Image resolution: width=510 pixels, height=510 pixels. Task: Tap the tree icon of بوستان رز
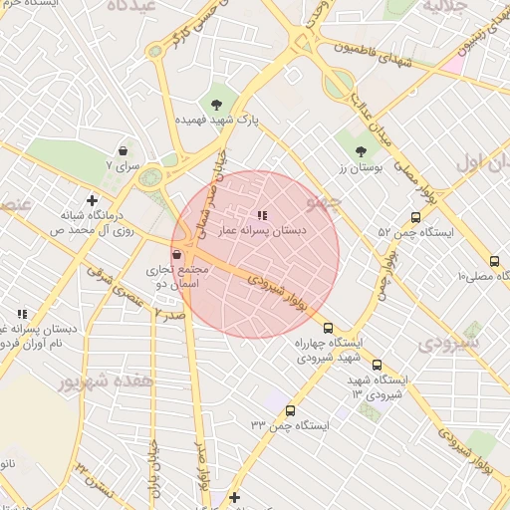(x=361, y=152)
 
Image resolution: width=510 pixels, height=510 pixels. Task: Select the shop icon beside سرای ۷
(x=123, y=150)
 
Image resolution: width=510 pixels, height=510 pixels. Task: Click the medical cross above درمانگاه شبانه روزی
(x=92, y=200)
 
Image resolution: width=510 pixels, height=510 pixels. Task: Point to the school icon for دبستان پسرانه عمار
(x=262, y=214)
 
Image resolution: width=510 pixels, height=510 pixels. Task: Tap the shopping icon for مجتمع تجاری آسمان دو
(x=176, y=255)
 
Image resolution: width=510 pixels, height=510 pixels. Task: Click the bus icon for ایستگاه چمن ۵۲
(x=415, y=218)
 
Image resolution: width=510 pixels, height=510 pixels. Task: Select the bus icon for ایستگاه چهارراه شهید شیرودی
(x=328, y=327)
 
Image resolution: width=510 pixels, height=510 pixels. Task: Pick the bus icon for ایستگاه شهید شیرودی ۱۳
(x=377, y=365)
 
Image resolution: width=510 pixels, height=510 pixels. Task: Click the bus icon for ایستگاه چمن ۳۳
(x=290, y=409)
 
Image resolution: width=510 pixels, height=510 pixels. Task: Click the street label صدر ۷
(x=171, y=313)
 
